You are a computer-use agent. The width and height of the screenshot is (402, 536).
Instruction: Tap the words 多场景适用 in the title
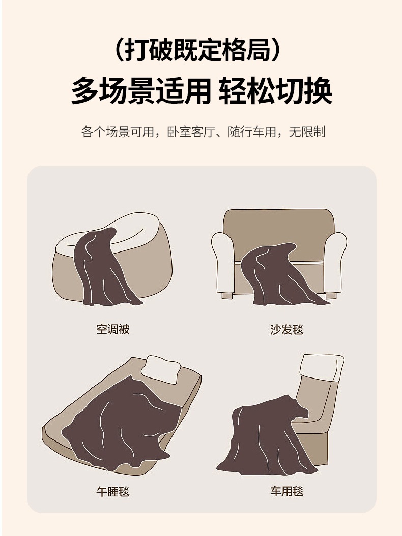coord(141,91)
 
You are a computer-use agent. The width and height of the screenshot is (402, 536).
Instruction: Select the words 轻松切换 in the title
coord(275,91)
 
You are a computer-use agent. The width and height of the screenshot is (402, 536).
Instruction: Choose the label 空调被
coord(113,329)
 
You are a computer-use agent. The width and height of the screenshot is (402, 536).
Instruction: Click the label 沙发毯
coord(286,329)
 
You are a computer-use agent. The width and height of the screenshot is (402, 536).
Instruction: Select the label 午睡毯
coord(113,491)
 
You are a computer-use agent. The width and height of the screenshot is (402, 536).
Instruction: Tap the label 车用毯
coord(286,491)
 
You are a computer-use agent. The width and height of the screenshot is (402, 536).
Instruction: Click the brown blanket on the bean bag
coord(102,269)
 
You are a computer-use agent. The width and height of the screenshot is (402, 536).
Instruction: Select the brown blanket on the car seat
coord(265,437)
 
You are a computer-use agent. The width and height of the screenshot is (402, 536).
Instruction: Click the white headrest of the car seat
coord(322,367)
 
